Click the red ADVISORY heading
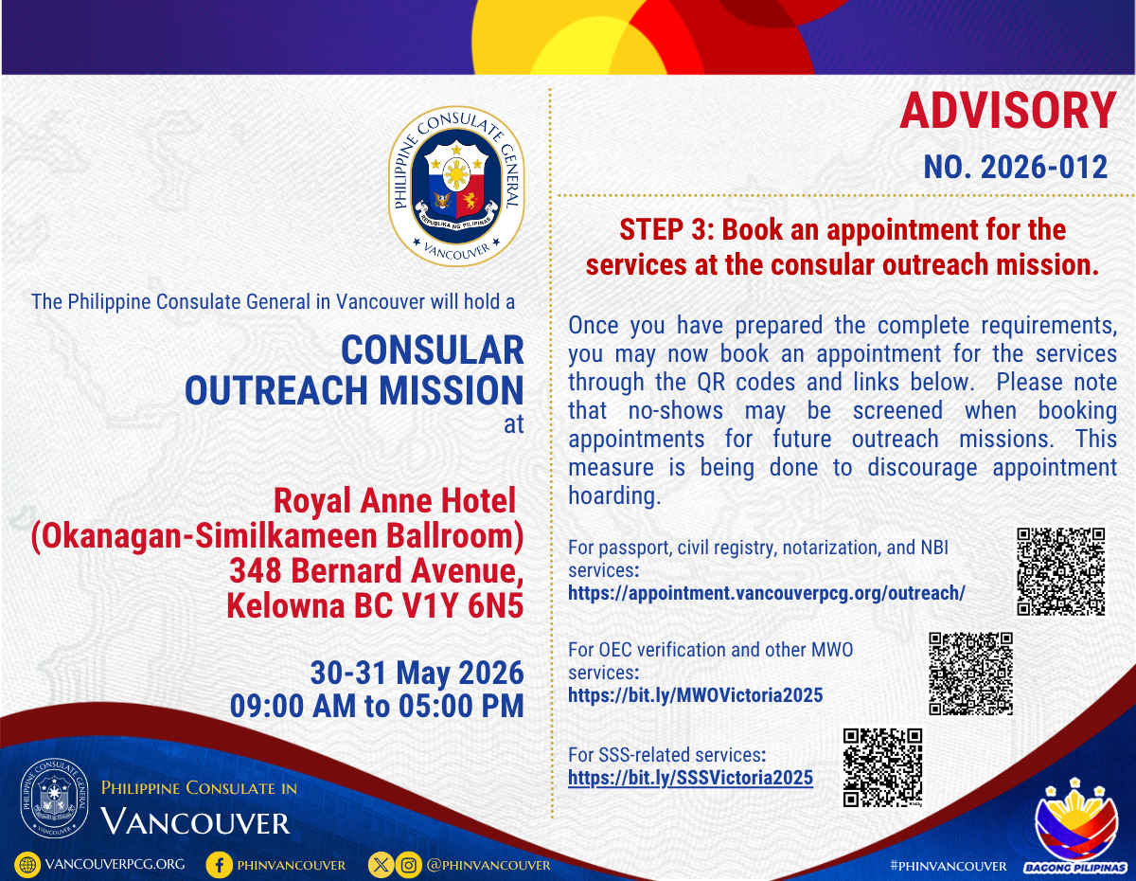click(x=1008, y=111)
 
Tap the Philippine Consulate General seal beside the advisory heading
click(x=456, y=187)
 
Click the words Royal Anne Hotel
click(x=395, y=501)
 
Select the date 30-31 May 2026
click(x=417, y=673)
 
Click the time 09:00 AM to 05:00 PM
click(x=377, y=706)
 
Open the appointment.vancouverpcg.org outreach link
click(x=767, y=593)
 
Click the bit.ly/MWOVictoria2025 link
click(x=695, y=695)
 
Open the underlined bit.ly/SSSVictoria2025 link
click(x=690, y=778)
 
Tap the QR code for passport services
click(x=1060, y=571)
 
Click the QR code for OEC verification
click(x=970, y=674)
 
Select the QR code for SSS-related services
click(x=882, y=768)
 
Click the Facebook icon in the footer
click(x=219, y=865)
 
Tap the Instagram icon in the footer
click(x=408, y=865)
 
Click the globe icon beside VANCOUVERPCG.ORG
click(x=27, y=865)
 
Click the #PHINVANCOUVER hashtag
click(x=949, y=866)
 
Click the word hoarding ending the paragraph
click(x=614, y=496)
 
